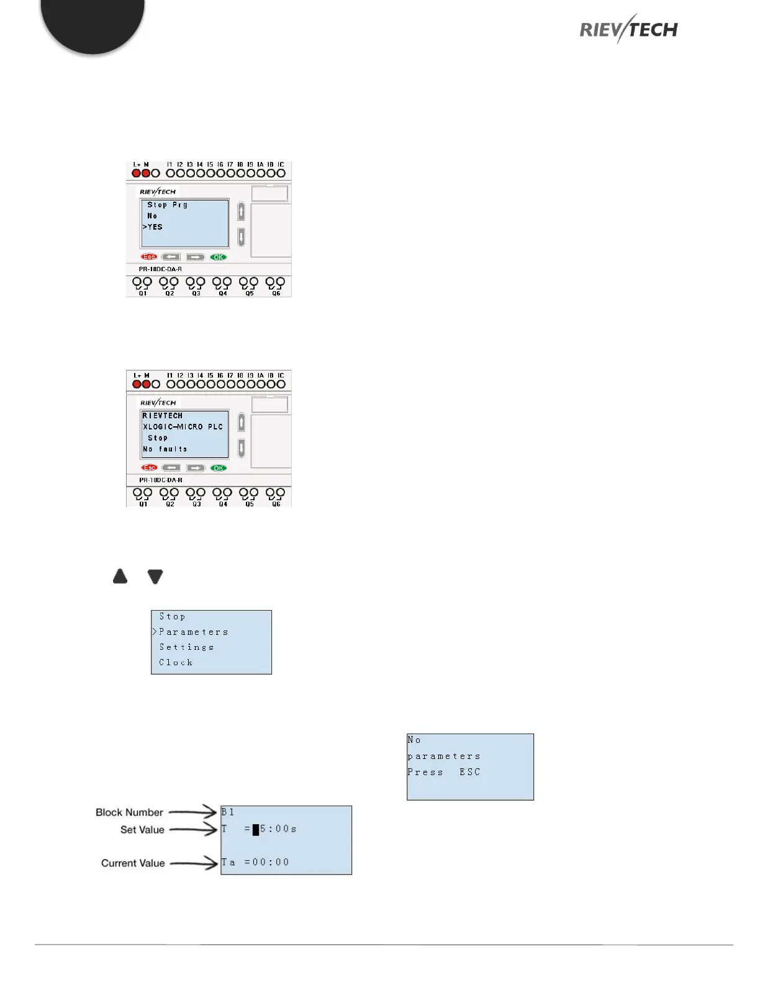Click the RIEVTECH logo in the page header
point(628,29)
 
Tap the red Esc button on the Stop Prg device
point(149,257)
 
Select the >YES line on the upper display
point(153,227)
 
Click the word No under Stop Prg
point(152,216)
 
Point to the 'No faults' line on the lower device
point(165,449)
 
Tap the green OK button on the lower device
point(219,468)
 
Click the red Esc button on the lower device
point(149,468)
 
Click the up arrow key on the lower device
point(242,423)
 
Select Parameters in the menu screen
point(193,632)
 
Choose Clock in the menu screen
point(176,663)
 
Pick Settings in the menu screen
point(186,647)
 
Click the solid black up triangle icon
point(120,577)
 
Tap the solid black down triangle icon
point(155,577)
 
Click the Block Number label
point(129,812)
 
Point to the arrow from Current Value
point(193,863)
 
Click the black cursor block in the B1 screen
point(256,830)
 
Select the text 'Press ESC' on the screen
point(443,773)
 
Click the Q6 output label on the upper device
point(276,294)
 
